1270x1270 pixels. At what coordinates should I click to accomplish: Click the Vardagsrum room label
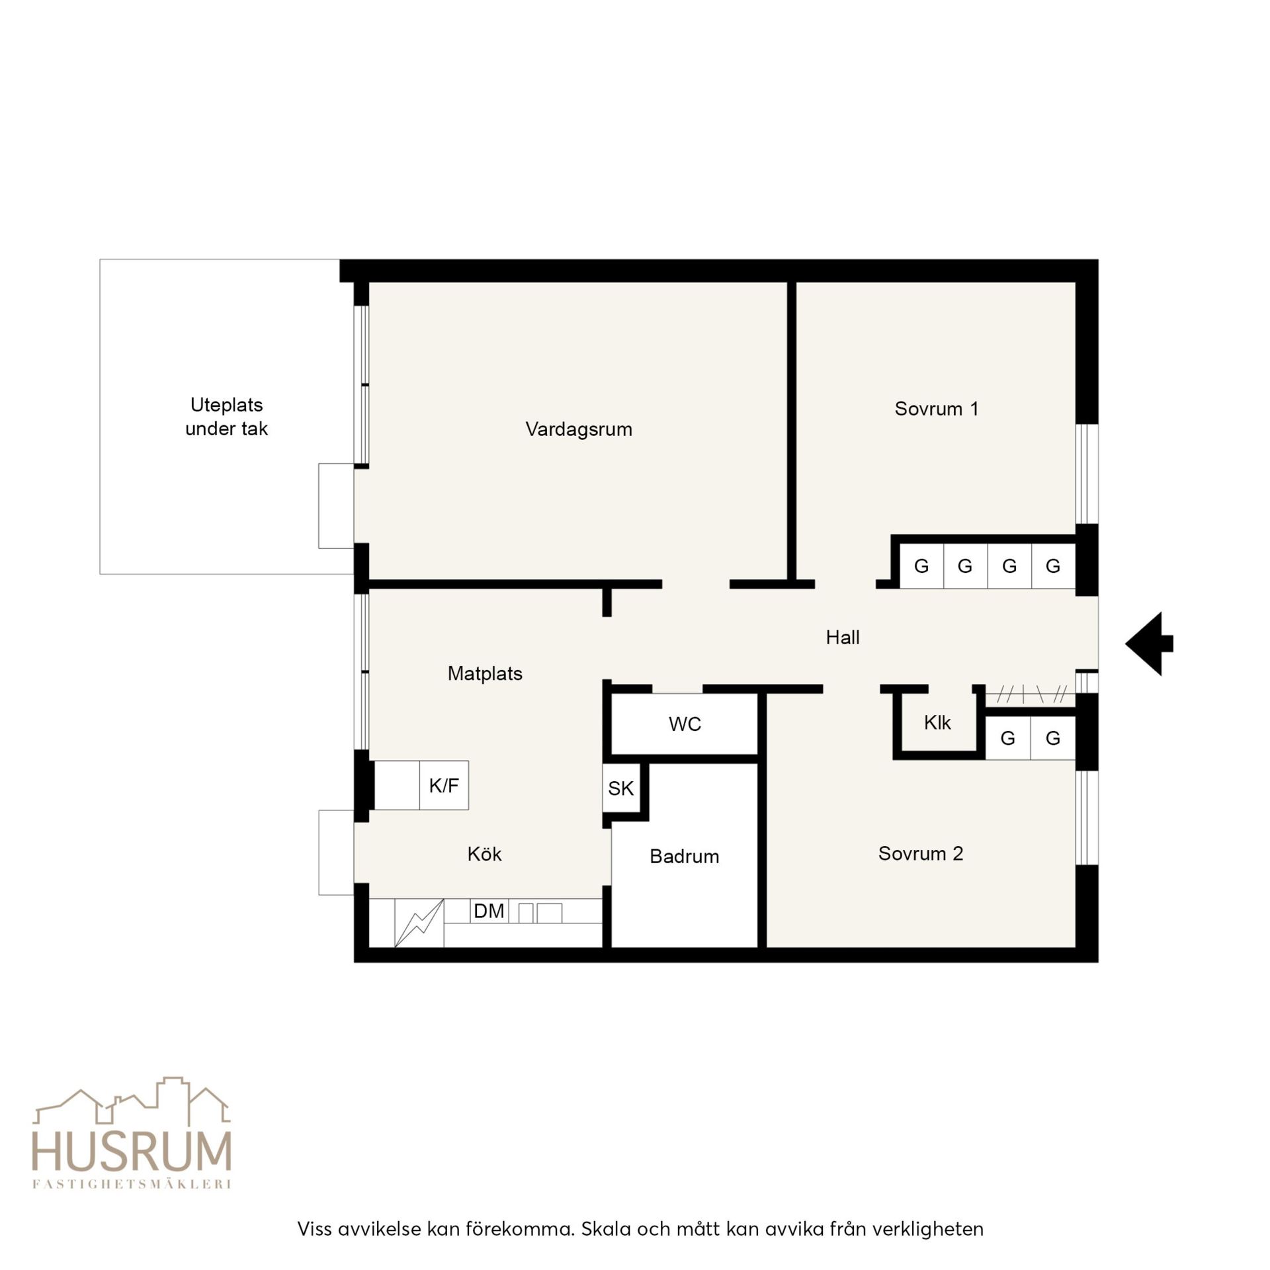pos(579,430)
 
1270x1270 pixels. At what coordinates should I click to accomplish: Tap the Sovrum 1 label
pos(936,409)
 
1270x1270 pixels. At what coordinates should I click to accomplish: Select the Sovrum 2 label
pos(920,853)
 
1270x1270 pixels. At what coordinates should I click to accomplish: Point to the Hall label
pos(843,637)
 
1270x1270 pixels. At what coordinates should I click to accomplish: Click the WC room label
pos(685,724)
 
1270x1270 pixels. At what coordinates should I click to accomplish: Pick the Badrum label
pos(684,857)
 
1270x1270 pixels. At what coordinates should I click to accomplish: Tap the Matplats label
pos(485,673)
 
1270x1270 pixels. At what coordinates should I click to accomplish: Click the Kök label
pos(484,853)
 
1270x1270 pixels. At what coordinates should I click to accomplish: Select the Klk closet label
pos(937,722)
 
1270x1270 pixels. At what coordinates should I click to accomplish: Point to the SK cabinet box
pos(621,788)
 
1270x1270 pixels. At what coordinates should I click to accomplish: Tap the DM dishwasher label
pos(489,911)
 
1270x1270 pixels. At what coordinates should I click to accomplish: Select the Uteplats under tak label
pos(226,417)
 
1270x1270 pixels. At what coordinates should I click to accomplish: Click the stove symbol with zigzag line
pos(419,923)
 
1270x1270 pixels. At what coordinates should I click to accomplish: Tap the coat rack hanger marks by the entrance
pos(1031,695)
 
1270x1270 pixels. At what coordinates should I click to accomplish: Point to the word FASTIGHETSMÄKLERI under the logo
pos(132,1185)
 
